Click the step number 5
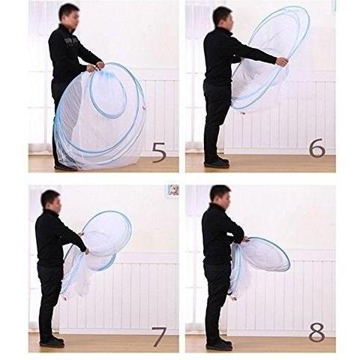click(159, 152)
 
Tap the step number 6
click(317, 148)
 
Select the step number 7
click(159, 337)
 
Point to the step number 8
click(317, 332)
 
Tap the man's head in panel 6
click(223, 19)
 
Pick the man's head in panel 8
click(220, 197)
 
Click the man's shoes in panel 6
click(217, 163)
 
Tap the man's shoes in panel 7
click(52, 341)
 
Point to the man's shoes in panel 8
click(219, 343)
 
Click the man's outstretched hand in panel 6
click(282, 61)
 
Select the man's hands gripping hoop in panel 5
click(95, 67)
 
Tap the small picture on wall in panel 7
click(173, 190)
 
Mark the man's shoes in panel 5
click(65, 167)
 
